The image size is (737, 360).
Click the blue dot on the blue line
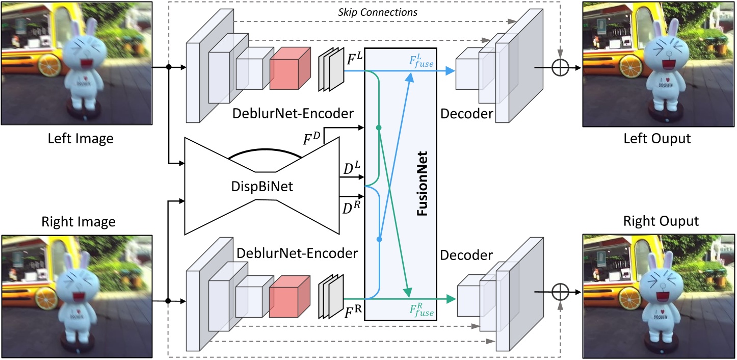pyautogui.click(x=379, y=239)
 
